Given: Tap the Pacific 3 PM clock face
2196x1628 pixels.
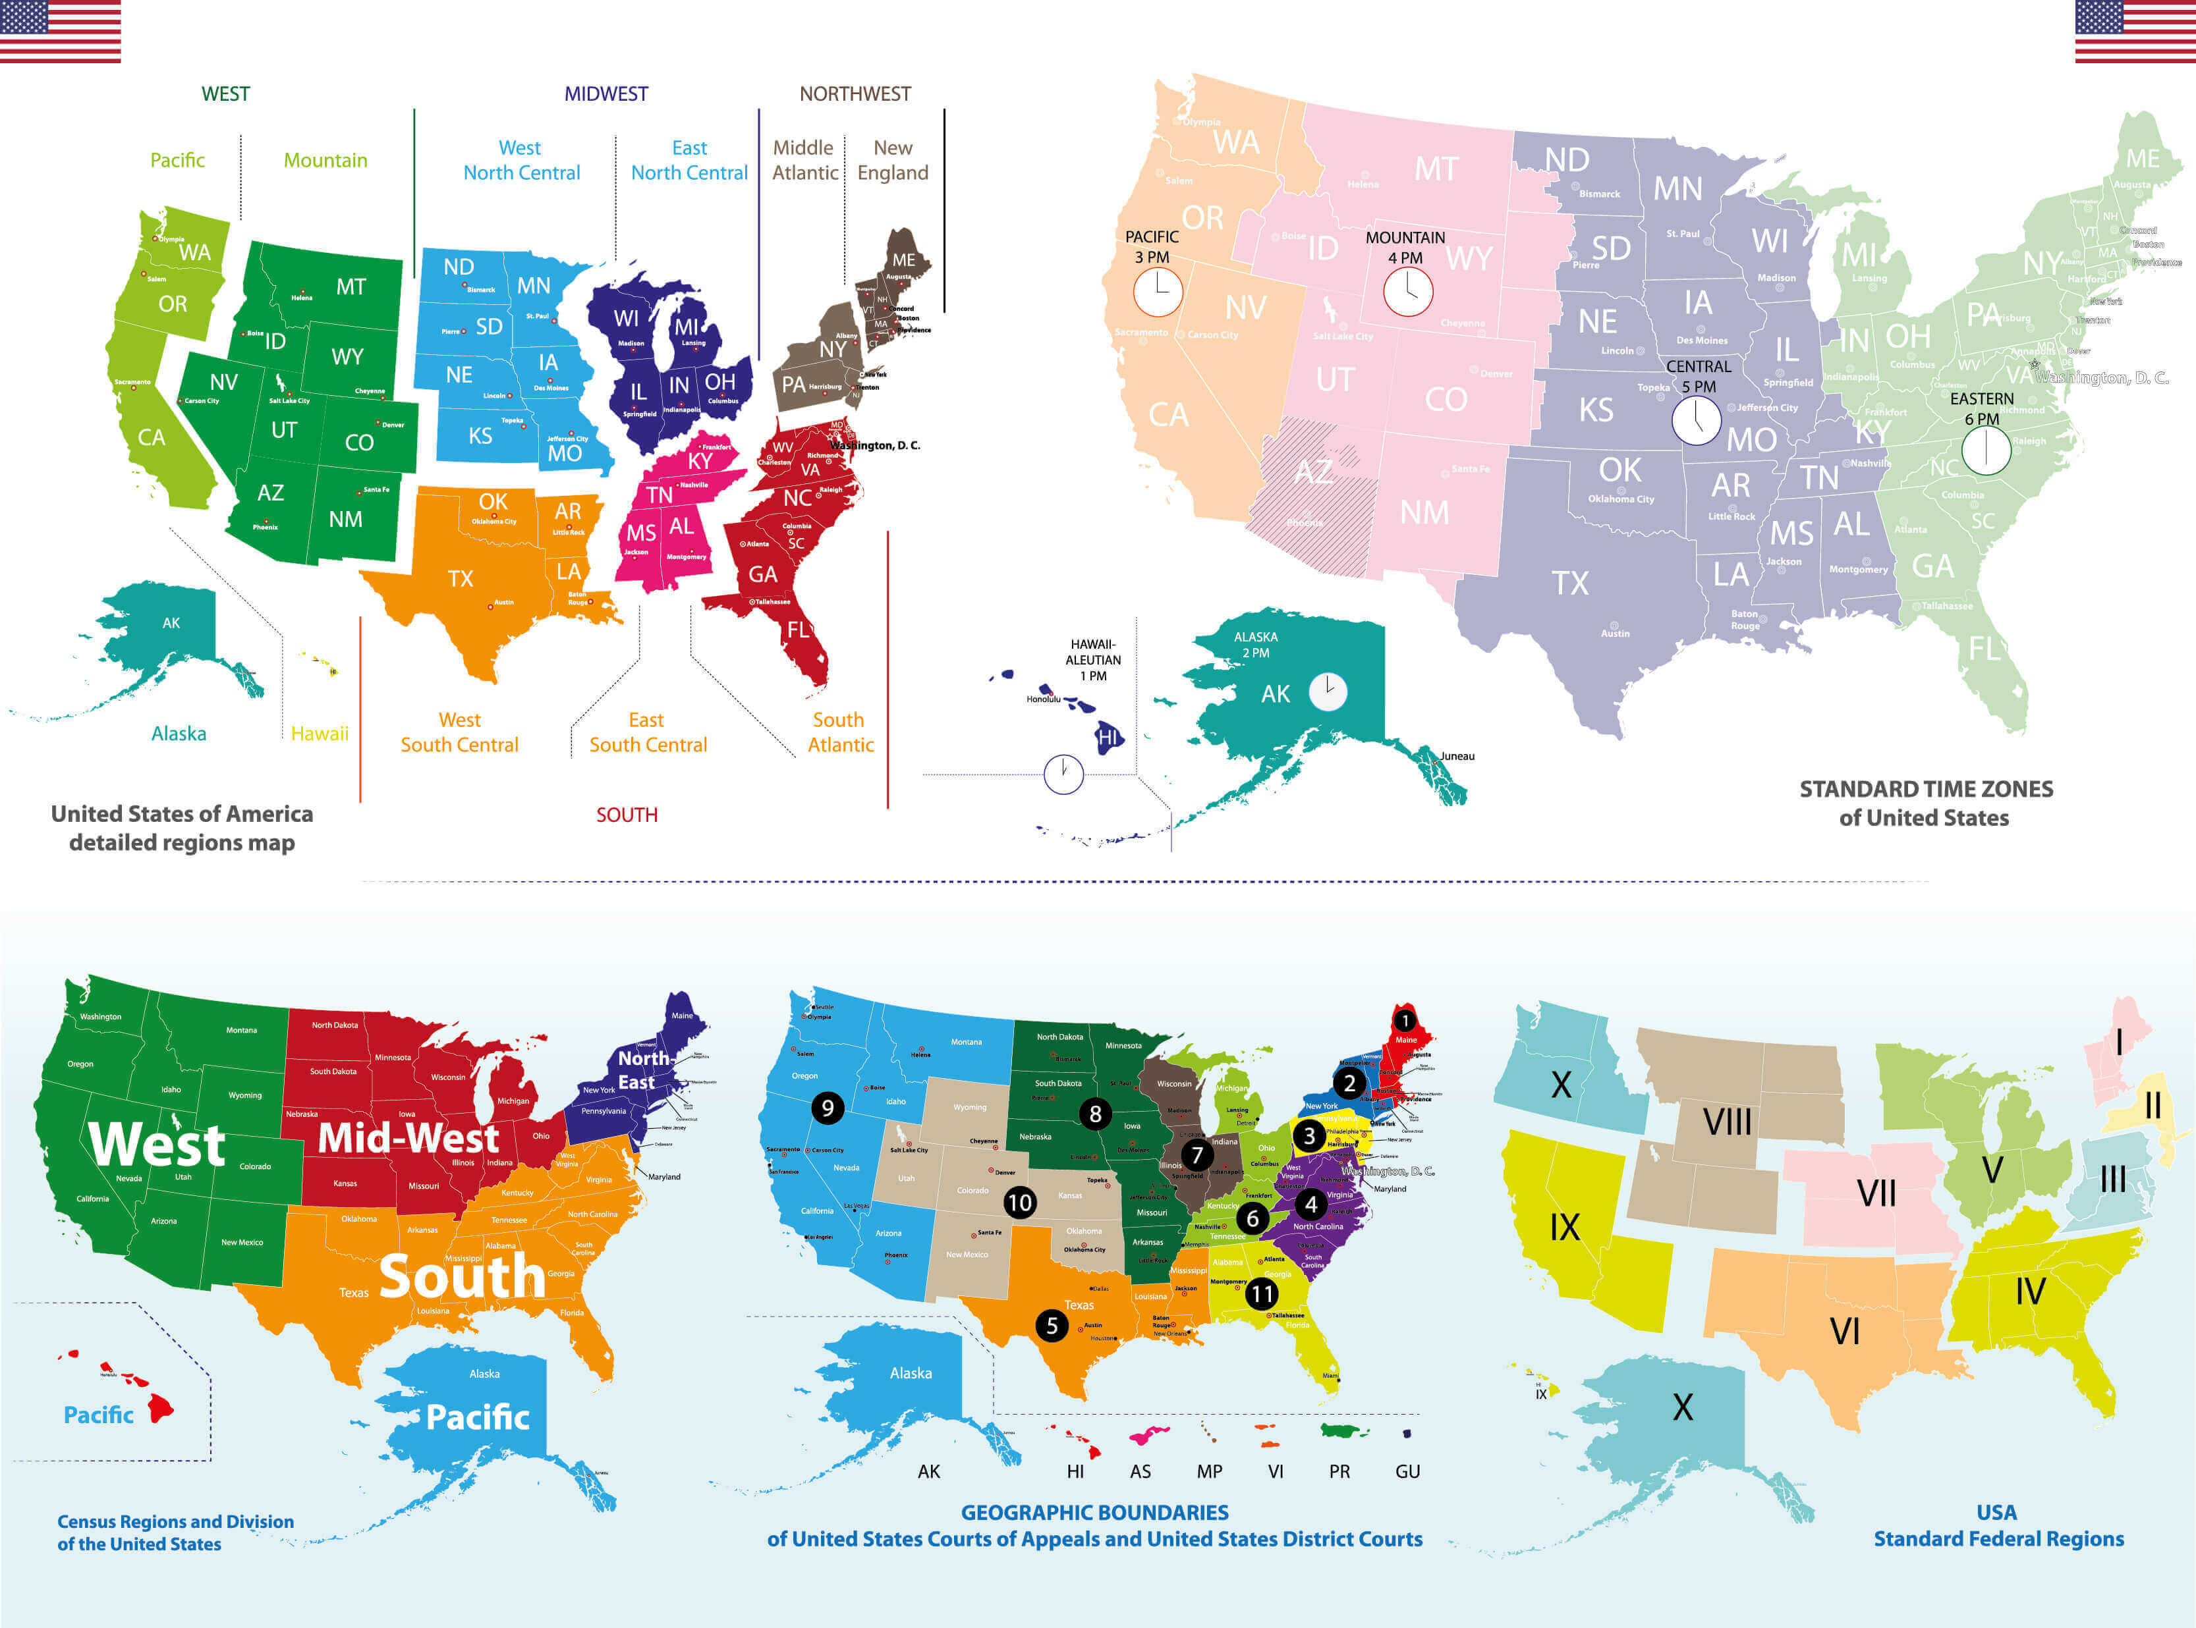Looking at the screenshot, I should tap(1157, 292).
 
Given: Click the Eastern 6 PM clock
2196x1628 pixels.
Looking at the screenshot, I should tap(1985, 451).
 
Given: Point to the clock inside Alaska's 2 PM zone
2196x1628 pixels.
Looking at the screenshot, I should tap(1328, 691).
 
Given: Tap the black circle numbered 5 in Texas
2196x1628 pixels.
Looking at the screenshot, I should tap(1052, 1326).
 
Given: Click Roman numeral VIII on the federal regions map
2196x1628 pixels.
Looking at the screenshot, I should tap(1727, 1122).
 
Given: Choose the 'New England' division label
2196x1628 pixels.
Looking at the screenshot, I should tap(892, 159).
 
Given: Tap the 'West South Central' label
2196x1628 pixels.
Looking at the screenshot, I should tap(459, 732).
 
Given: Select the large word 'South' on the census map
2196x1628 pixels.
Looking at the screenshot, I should tap(461, 1276).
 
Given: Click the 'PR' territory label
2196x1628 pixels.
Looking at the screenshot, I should tap(1339, 1471).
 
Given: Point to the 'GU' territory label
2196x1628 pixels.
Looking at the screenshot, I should tap(1407, 1471).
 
